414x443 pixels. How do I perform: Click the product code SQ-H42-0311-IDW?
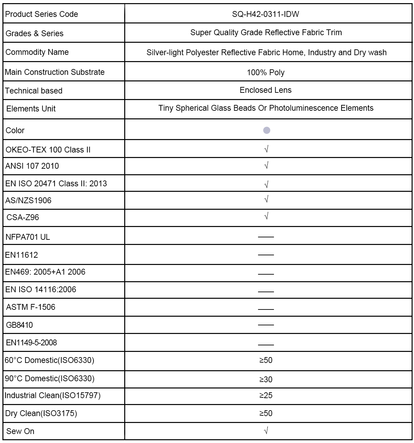[x=265, y=14]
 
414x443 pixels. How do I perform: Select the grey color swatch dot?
[x=266, y=130]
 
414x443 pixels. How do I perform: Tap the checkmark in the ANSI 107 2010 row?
[x=266, y=166]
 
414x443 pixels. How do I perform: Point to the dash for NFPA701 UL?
[x=266, y=237]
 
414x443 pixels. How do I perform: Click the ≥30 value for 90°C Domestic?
[x=266, y=380]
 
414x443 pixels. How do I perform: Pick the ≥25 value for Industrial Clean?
[x=266, y=395]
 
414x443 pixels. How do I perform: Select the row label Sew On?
[x=20, y=431]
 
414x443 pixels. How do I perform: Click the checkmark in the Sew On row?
[x=266, y=431]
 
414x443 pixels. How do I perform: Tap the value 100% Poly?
[x=266, y=72]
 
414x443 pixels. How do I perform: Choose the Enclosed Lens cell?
[x=266, y=90]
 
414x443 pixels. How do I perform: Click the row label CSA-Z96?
[x=23, y=217]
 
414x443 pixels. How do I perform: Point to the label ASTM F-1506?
[x=31, y=307]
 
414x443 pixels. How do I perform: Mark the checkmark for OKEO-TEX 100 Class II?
[x=266, y=149]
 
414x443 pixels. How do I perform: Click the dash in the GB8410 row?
[x=266, y=325]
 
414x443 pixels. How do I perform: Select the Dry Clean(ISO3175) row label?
[x=41, y=413]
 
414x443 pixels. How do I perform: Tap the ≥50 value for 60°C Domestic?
[x=266, y=360]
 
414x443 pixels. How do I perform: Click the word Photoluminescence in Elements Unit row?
[x=304, y=108]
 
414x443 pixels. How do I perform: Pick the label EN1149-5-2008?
[x=31, y=343]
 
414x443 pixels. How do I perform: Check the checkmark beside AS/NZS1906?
[x=266, y=199]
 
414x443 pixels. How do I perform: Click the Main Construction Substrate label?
[x=55, y=72]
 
